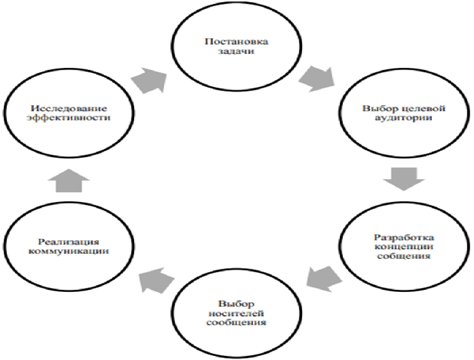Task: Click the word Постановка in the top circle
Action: point(236,42)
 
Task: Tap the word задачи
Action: point(236,51)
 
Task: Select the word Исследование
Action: point(69,108)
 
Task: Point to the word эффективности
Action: point(69,118)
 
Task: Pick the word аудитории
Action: point(403,118)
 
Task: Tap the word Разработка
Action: point(403,237)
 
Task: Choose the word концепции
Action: point(403,246)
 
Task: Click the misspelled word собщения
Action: point(403,256)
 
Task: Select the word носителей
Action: point(236,313)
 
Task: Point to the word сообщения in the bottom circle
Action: point(236,323)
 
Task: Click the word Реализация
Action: point(69,242)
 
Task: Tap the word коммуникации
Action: point(69,251)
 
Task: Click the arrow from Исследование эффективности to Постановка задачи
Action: point(150,80)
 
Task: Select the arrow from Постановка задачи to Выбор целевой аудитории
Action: point(317,79)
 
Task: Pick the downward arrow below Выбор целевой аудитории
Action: point(404,179)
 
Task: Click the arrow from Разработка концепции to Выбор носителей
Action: point(324,278)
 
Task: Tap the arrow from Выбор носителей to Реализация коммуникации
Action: point(156,280)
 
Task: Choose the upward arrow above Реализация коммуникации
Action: point(69,180)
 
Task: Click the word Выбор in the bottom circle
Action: point(236,304)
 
